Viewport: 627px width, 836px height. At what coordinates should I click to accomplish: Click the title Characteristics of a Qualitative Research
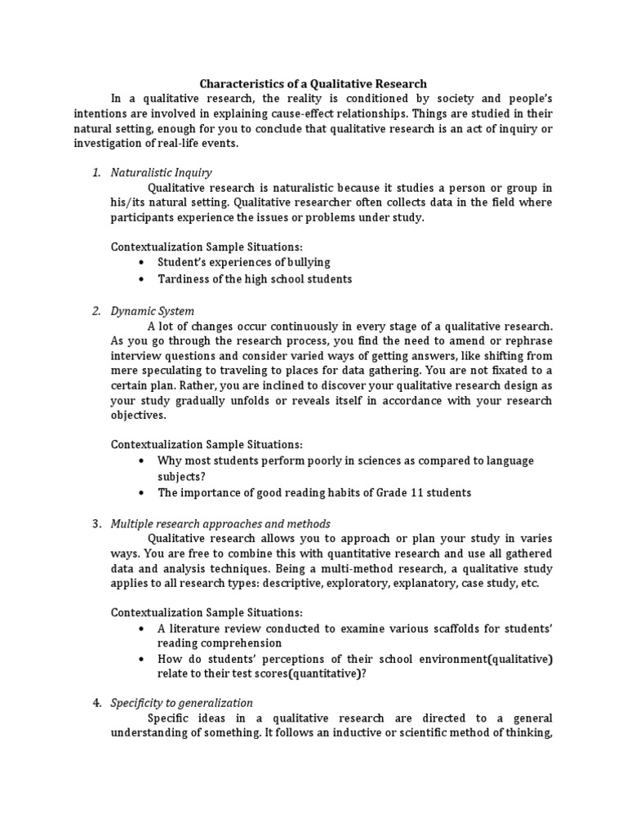313,83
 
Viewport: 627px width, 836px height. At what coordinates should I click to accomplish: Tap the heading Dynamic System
153,311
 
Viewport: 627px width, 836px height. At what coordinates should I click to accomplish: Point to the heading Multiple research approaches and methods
220,523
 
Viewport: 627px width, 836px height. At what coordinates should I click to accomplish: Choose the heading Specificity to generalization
181,702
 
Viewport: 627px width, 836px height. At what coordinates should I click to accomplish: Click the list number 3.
96,523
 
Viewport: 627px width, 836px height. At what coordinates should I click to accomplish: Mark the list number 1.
96,172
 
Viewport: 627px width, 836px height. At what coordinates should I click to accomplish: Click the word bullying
305,262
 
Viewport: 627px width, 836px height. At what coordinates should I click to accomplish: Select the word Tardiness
185,279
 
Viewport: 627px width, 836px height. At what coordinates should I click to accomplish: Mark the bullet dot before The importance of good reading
142,493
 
